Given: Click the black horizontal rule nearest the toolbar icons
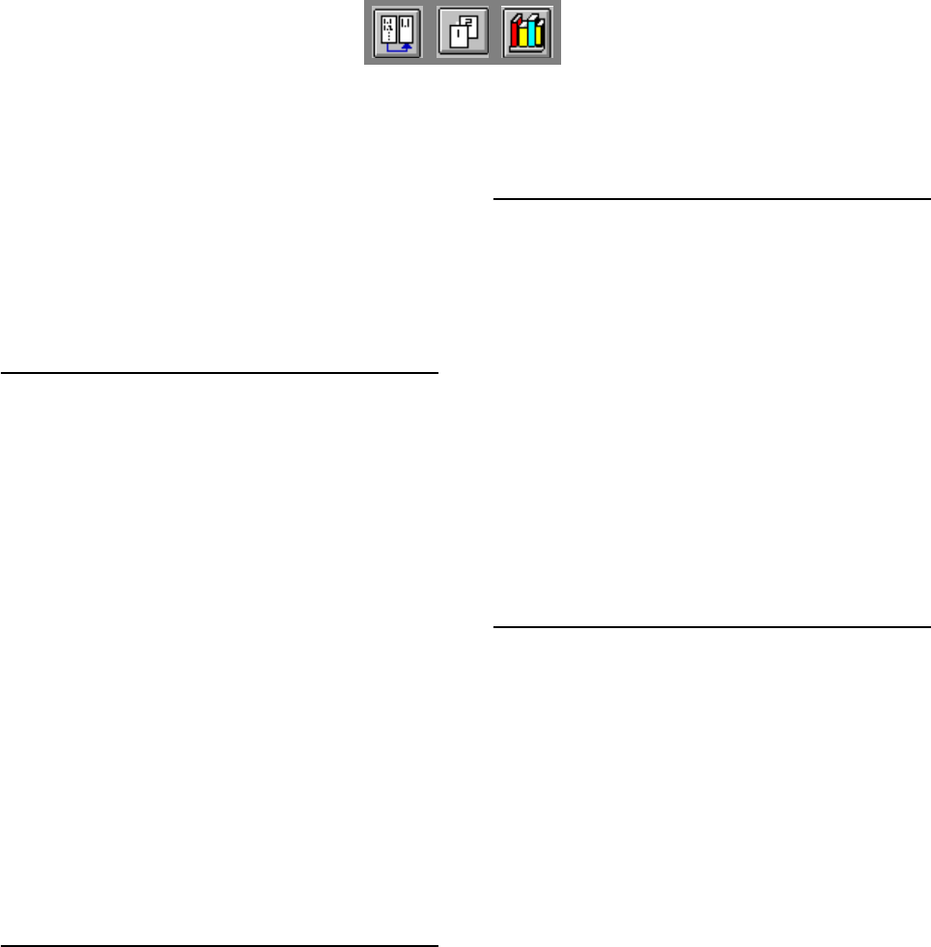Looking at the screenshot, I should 712,199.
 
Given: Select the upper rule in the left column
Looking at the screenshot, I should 219,371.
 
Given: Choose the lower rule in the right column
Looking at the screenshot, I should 712,627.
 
